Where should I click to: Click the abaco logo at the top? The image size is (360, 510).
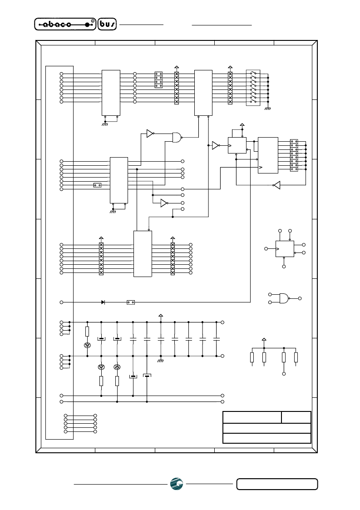click(x=65, y=24)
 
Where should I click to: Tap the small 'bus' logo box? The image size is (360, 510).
click(x=107, y=24)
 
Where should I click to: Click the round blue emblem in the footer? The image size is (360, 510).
click(x=177, y=484)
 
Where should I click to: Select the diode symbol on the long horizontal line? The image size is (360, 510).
click(x=103, y=302)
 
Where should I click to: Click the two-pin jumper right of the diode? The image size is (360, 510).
click(x=131, y=302)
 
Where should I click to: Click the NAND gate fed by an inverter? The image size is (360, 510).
click(x=177, y=137)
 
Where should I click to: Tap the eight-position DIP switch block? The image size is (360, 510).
click(x=253, y=88)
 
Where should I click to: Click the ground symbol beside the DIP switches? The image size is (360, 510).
click(x=268, y=108)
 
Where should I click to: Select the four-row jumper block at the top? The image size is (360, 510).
click(x=159, y=80)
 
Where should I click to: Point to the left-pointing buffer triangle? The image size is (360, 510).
click(x=276, y=185)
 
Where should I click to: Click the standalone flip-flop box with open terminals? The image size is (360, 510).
click(x=285, y=249)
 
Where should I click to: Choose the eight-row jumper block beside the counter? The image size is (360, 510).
click(x=294, y=155)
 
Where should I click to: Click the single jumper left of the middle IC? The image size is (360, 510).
click(x=97, y=185)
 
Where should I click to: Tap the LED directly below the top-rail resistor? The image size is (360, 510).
click(x=87, y=345)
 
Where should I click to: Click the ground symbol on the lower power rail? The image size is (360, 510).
click(x=160, y=361)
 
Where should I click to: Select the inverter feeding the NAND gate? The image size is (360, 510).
click(x=150, y=134)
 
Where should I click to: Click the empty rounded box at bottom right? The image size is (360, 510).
click(x=277, y=484)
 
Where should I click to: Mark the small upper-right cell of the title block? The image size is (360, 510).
click(x=296, y=417)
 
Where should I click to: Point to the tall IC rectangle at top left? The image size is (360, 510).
click(x=111, y=93)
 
